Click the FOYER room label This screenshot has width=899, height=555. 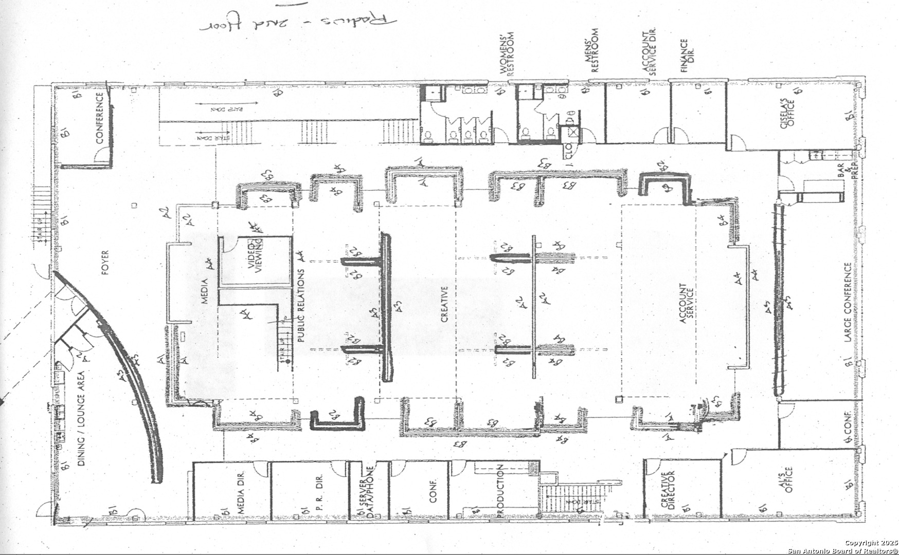[x=105, y=263]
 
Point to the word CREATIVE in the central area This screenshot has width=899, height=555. [x=445, y=304]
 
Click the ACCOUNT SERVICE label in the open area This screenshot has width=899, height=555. [x=687, y=304]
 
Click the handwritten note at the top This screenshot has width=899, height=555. [x=299, y=23]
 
